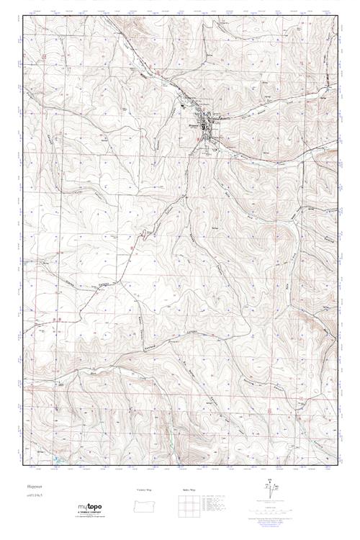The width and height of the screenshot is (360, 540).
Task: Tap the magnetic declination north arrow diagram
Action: point(270,490)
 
